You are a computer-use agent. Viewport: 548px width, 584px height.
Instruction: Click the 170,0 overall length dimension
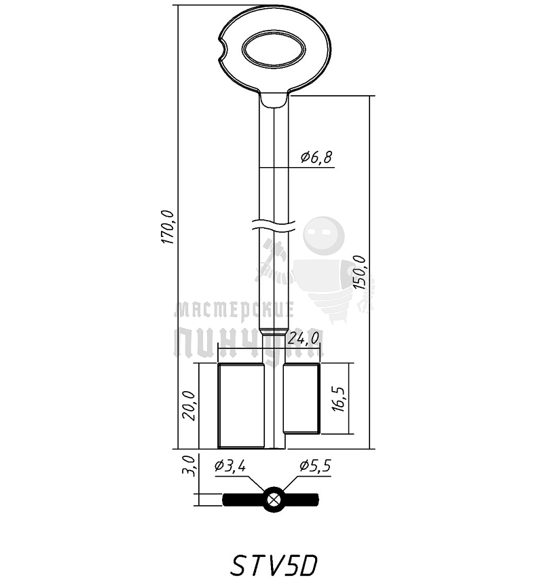pos(168,227)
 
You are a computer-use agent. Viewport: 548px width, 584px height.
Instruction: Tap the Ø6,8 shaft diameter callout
pos(316,158)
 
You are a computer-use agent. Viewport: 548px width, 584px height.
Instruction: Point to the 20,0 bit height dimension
pos(189,405)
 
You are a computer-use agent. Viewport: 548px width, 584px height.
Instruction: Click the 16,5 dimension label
pos(340,399)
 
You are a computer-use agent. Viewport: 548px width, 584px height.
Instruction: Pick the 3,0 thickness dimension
pos(189,466)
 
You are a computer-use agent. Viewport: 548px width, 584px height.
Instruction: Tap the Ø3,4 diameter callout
pos(230,466)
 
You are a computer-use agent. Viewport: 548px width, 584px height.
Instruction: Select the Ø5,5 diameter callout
pos(315,466)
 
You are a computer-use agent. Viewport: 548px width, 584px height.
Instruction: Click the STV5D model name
pos(274,566)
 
